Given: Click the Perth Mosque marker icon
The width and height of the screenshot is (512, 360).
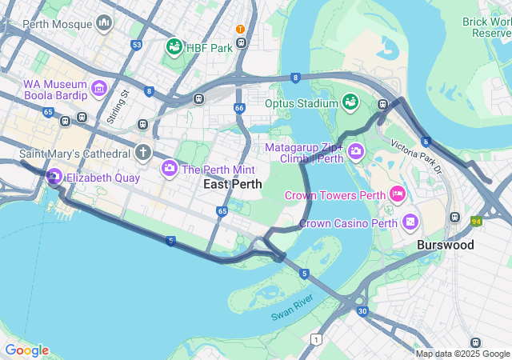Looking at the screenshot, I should pos(103,24).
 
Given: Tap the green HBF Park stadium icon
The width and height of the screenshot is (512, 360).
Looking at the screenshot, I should pos(174,47).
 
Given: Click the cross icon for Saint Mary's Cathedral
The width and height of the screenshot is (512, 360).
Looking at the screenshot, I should pos(143,152).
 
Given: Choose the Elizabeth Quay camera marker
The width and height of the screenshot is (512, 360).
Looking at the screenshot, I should pos(54,177).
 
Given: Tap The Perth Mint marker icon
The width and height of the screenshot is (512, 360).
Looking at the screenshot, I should pos(170,169).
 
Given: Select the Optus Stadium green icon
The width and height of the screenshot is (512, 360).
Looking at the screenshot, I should pos(350,102).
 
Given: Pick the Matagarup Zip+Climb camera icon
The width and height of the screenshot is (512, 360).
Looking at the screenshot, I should pos(355,150).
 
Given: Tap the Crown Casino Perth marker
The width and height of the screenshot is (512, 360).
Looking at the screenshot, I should pos(410,221).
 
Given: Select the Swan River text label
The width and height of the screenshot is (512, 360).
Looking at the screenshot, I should pos(293,306).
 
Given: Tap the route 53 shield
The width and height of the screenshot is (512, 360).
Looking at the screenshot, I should pos(138,45).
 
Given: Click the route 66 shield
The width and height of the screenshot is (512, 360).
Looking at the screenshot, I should pos(239,107).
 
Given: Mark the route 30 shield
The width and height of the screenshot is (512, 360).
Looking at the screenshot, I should pos(362,311).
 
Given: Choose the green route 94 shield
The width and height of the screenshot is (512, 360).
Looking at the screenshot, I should pos(476,221).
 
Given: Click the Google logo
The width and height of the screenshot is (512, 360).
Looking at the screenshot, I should pos(26,350).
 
